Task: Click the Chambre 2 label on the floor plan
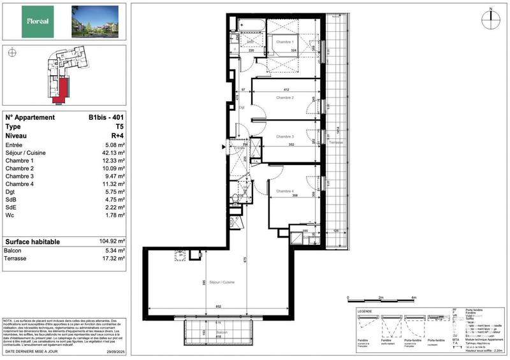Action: tap(284, 98)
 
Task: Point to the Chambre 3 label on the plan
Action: tap(284, 136)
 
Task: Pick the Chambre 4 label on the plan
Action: tap(284, 191)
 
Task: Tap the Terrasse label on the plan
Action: tap(336, 142)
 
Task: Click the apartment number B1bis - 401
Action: tap(106, 117)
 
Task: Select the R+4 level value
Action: tap(117, 136)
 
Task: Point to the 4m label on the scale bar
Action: tap(414, 298)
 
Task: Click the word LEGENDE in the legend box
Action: tap(365, 310)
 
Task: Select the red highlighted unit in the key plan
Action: tap(64, 89)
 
